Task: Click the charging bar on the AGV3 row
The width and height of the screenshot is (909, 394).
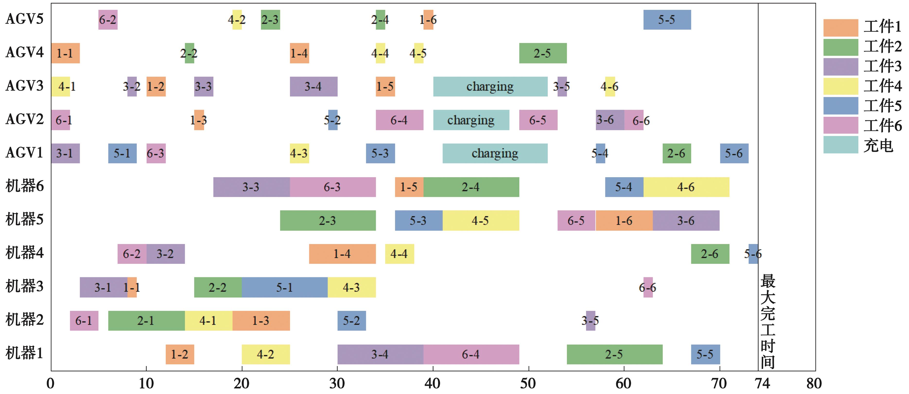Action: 490,87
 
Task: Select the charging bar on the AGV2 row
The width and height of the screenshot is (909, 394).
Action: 471,120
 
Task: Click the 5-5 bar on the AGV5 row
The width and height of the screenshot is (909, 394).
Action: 667,20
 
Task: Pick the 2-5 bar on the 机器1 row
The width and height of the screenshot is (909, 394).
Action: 614,354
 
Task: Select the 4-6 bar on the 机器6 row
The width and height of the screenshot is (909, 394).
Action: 686,187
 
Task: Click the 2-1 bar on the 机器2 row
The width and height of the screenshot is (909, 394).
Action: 146,321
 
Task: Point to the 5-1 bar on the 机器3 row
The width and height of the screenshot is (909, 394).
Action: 285,287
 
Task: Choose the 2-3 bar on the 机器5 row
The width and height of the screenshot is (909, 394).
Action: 328,221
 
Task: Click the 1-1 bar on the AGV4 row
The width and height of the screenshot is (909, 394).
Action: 65,53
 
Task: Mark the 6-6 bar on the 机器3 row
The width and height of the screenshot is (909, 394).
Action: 648,287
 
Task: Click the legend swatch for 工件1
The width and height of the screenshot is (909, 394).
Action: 840,27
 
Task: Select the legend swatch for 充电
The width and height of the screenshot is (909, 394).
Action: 840,145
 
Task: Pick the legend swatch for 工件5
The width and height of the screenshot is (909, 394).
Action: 840,106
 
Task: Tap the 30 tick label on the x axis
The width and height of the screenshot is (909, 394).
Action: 337,383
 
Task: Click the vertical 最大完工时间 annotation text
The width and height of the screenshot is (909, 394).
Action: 768,321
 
